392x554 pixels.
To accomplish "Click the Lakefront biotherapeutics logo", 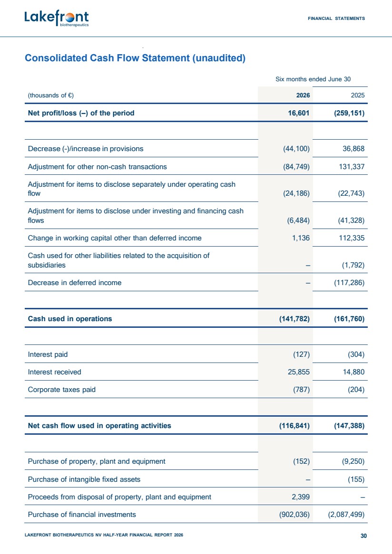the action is [x=57, y=19].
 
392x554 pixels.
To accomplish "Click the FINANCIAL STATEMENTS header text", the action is [x=336, y=19].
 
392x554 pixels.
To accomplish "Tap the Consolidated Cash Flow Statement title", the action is [x=135, y=58].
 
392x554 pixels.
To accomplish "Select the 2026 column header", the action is [x=303, y=96].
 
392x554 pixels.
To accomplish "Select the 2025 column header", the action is [x=358, y=96].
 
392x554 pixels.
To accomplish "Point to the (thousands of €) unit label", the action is [x=50, y=96].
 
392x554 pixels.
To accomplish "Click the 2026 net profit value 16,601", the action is [x=299, y=113].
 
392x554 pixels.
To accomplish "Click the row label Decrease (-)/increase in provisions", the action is [x=86, y=149].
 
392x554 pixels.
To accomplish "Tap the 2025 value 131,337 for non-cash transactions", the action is [x=352, y=167].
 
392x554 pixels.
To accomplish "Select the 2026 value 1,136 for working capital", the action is [x=301, y=238].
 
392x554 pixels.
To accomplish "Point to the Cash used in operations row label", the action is [x=70, y=319].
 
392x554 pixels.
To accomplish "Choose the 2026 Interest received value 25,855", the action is [x=299, y=372].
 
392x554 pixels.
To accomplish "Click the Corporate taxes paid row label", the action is [x=62, y=390].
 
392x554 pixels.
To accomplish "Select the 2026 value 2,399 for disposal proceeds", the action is [x=301, y=497].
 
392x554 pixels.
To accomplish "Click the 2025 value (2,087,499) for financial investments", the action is [x=346, y=515].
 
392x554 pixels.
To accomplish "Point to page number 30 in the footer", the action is [x=364, y=536].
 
